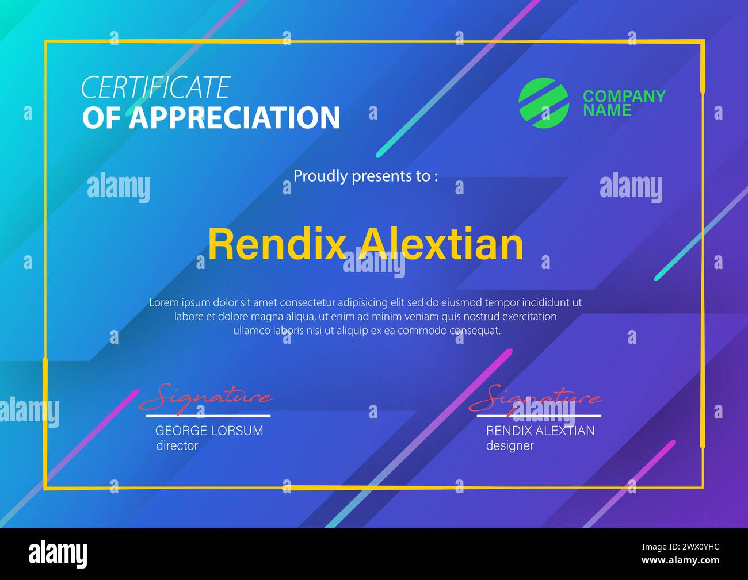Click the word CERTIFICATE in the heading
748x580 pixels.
coord(155,87)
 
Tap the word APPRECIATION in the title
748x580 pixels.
coord(234,118)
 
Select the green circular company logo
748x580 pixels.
coord(543,102)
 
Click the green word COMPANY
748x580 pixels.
coord(624,96)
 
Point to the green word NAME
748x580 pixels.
coord(606,110)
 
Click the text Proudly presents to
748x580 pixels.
coord(365,176)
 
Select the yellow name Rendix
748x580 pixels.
coord(276,244)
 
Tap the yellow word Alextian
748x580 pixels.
coord(441,244)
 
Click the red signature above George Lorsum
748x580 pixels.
coord(205,397)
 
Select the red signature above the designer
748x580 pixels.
coord(535,397)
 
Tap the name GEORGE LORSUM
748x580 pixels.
coord(209,431)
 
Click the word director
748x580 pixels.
coord(177,445)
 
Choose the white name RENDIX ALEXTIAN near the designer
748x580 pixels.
coord(540,431)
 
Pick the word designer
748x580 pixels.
coord(509,445)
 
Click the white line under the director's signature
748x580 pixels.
coord(208,416)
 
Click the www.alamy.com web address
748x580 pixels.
coord(680,560)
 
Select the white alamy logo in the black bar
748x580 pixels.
coord(58,554)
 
